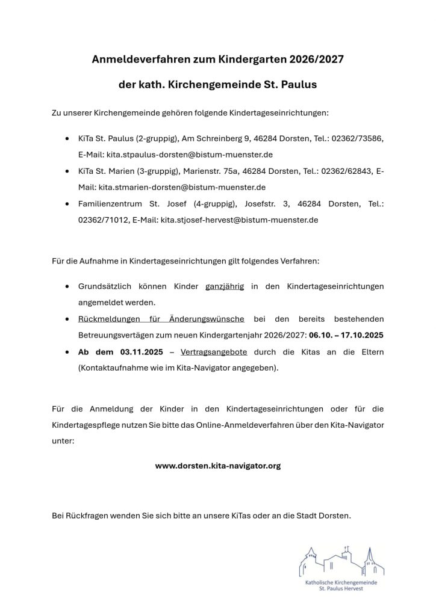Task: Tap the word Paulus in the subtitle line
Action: [x=296, y=85]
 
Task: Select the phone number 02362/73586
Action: [x=361, y=138]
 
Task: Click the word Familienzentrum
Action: [x=110, y=204]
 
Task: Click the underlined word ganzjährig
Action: [x=225, y=286]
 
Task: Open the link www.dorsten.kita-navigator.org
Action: [x=218, y=466]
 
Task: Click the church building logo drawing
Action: [x=341, y=561]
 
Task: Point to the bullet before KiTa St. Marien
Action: [x=66, y=171]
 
